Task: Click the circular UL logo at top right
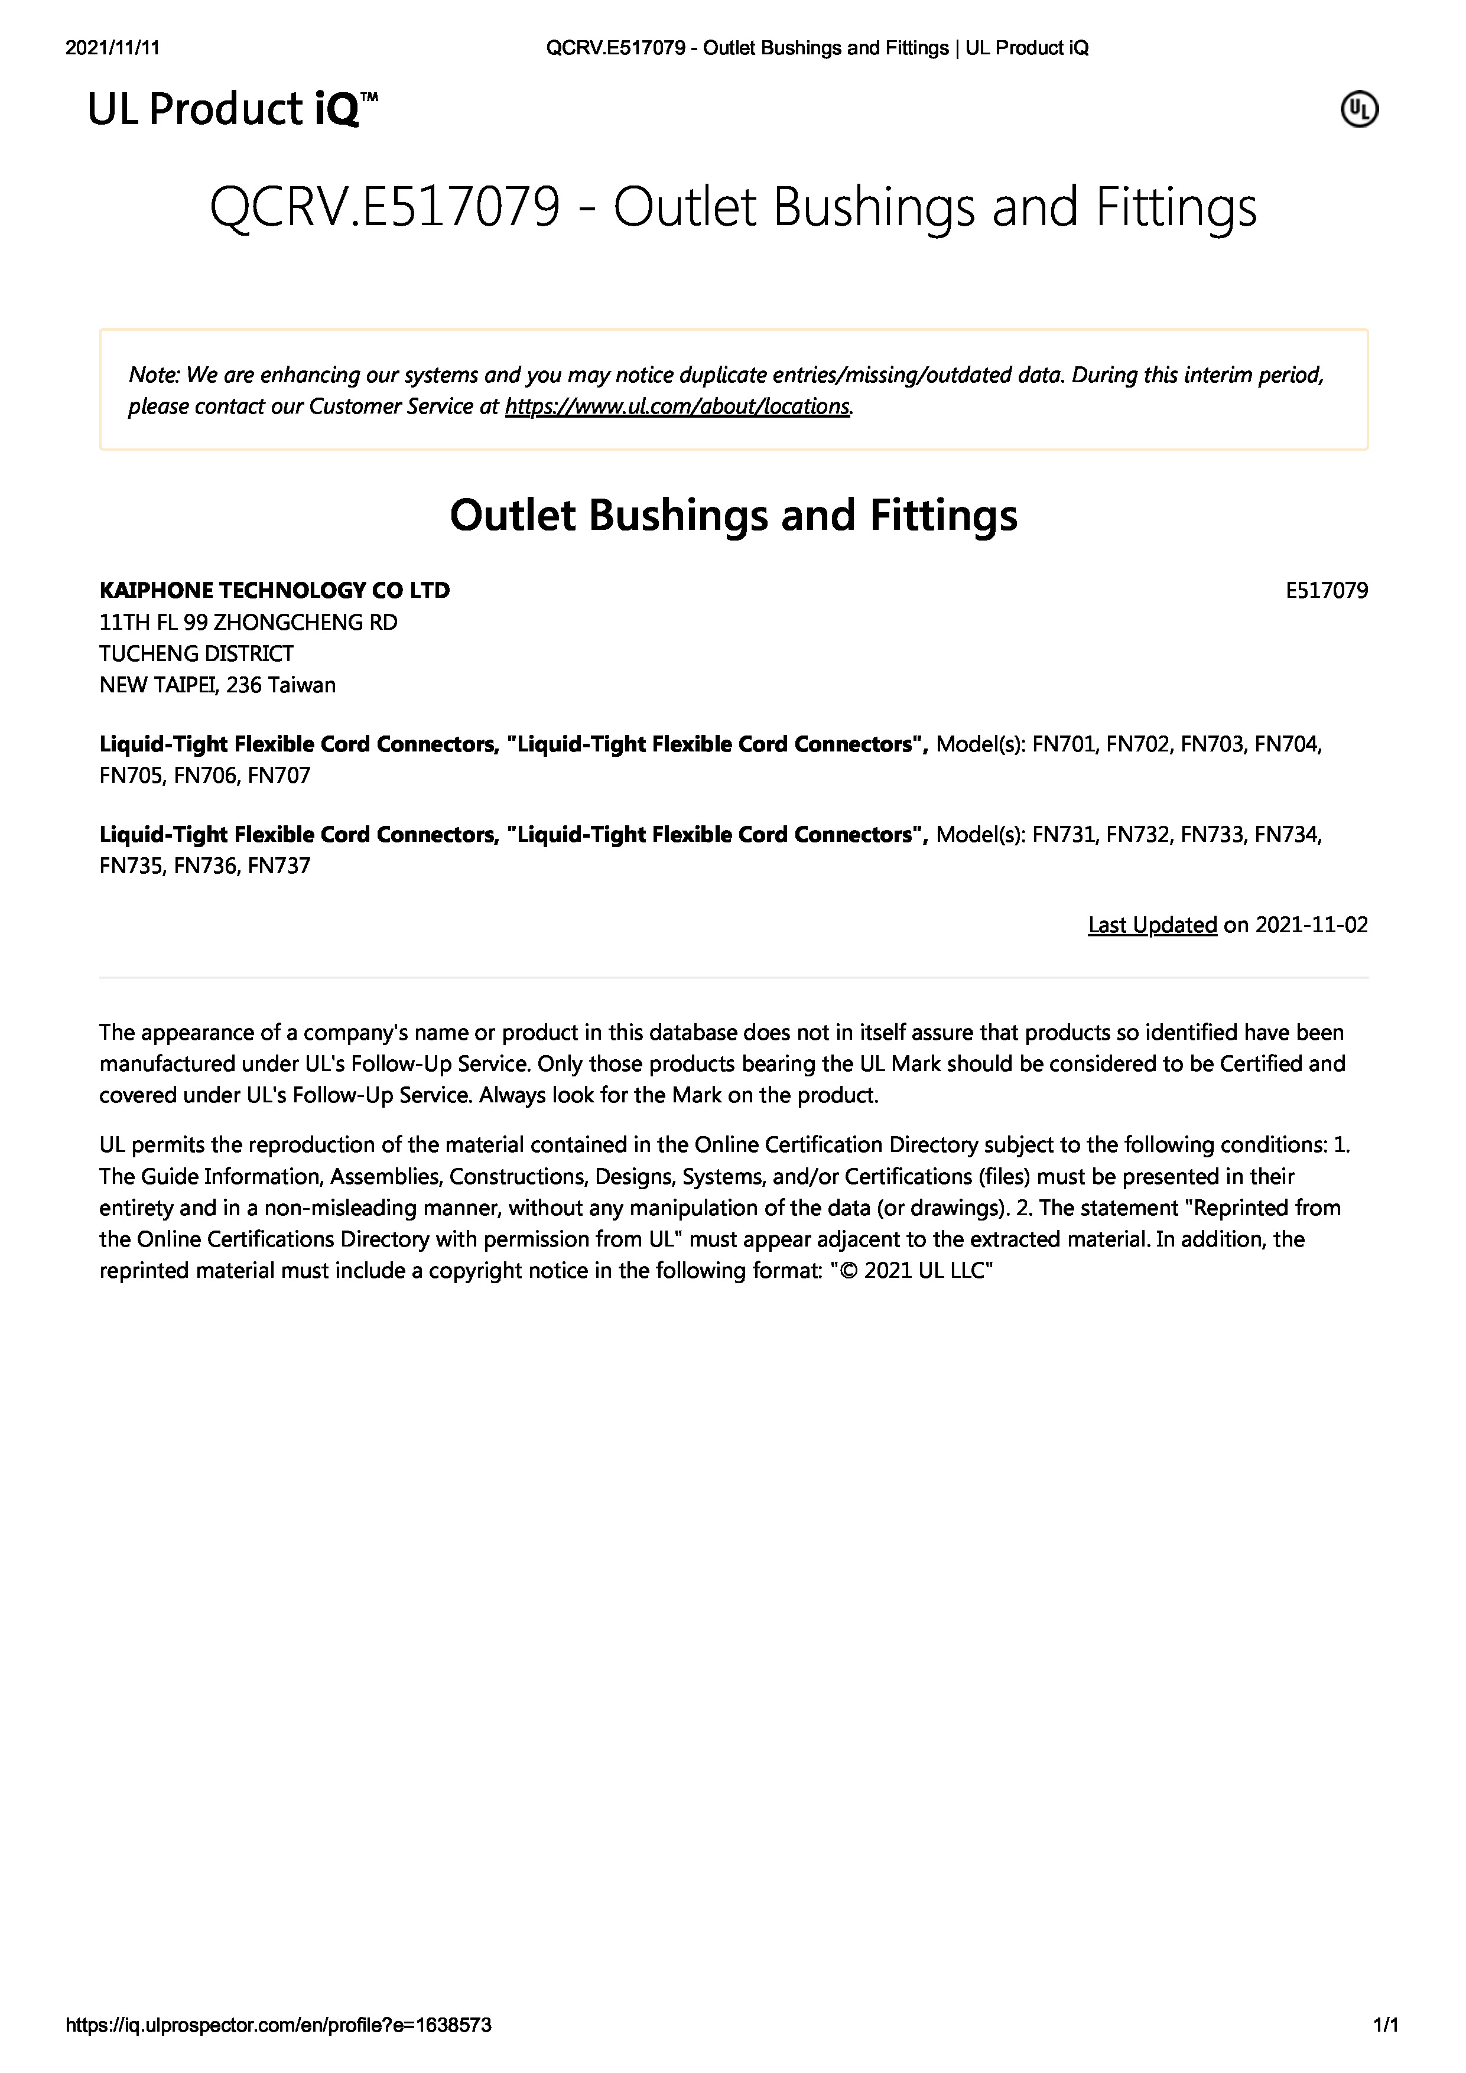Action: point(1358,110)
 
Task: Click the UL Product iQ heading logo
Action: point(232,110)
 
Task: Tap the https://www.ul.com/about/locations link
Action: point(677,406)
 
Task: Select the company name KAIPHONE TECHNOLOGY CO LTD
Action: point(275,591)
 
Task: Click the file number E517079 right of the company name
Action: point(1326,591)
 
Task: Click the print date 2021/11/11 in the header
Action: point(113,48)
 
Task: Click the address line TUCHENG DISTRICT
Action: point(196,653)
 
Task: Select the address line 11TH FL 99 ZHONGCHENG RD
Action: point(248,622)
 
